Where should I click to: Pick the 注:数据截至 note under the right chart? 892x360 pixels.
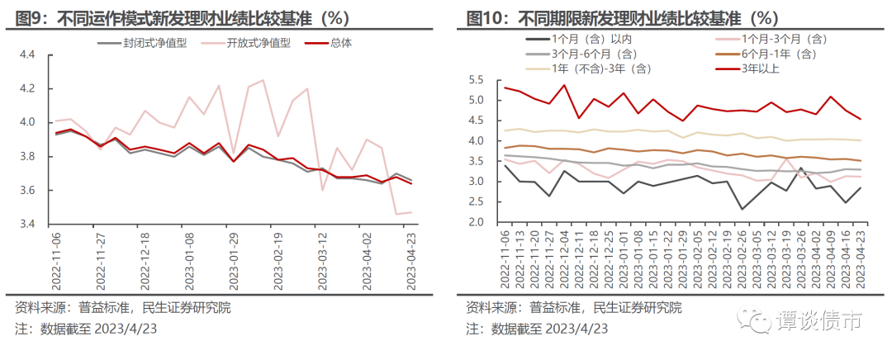pos(537,329)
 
